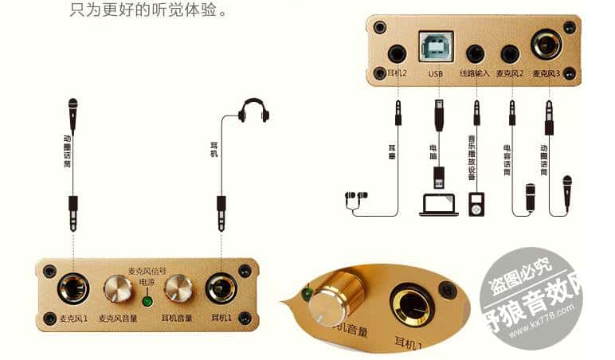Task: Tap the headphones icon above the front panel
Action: tap(254, 111)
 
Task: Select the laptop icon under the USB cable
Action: tap(438, 204)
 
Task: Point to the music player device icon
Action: tap(476, 204)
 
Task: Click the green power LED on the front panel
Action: tap(147, 301)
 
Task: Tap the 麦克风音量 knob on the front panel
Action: tap(118, 288)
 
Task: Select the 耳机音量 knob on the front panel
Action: tap(178, 288)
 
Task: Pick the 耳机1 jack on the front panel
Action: tap(221, 288)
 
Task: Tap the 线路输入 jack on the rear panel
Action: tap(476, 54)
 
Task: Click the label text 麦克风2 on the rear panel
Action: tap(509, 74)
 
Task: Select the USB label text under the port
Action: tap(435, 74)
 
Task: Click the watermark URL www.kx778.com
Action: tap(530, 327)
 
